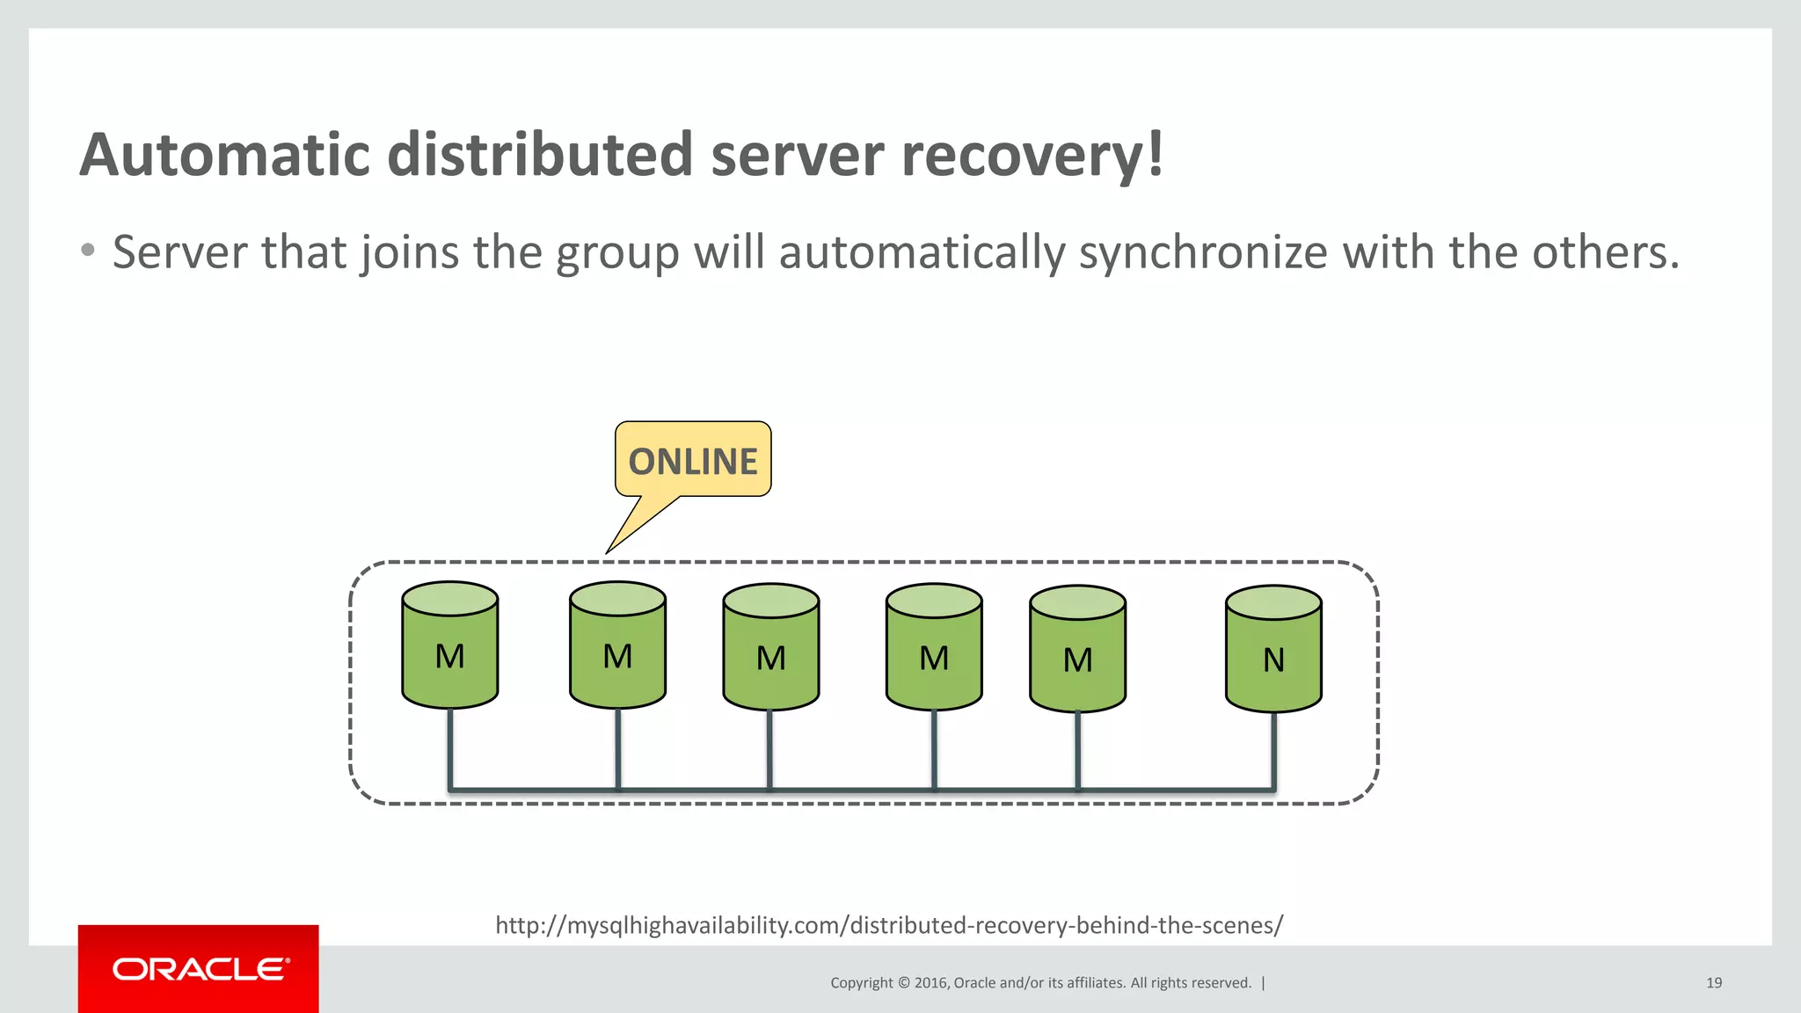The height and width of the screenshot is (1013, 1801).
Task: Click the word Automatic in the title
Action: (225, 155)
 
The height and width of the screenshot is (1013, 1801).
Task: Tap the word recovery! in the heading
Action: (1032, 155)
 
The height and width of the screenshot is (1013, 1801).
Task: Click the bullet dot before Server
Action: (87, 251)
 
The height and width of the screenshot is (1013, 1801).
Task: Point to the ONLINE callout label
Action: (693, 461)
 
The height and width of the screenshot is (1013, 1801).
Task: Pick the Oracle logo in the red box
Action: (200, 969)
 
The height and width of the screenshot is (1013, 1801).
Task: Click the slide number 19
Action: (1714, 983)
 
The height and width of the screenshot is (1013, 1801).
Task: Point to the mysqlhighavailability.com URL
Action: (889, 925)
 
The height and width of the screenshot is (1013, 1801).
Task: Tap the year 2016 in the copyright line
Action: (930, 983)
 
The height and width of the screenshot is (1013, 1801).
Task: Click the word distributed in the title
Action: (541, 155)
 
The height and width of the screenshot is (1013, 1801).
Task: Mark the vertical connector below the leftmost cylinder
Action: (450, 747)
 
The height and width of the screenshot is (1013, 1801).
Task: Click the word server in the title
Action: (797, 155)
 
